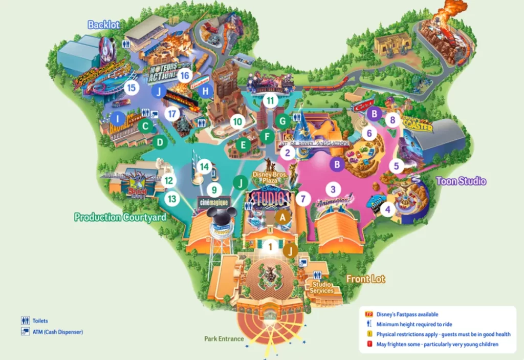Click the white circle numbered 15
pyautogui.click(x=132, y=88)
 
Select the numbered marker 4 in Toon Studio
pyautogui.click(x=387, y=209)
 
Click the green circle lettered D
pyautogui.click(x=160, y=142)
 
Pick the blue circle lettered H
pyautogui.click(x=206, y=92)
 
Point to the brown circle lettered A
pyautogui.click(x=281, y=217)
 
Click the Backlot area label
pyautogui.click(x=103, y=25)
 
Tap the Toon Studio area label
pyautogui.click(x=461, y=181)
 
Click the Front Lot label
pyautogui.click(x=366, y=279)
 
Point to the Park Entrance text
pyautogui.click(x=224, y=339)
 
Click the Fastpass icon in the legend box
pyautogui.click(x=367, y=314)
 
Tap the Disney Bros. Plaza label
pyautogui.click(x=270, y=177)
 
